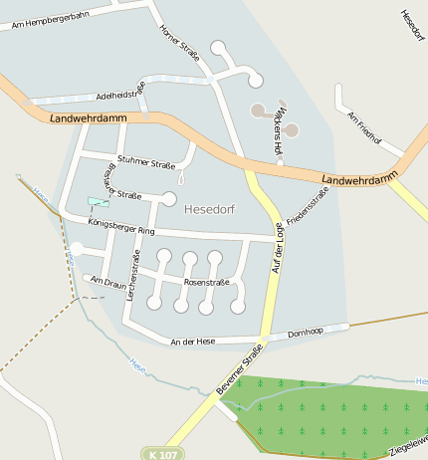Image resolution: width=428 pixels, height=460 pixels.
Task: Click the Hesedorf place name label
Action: pos(209,208)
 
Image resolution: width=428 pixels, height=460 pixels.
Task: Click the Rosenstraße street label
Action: pos(207,282)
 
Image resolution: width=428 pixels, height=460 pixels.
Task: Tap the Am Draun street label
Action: pos(108,284)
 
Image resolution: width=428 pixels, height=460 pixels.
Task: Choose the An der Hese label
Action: pos(193,341)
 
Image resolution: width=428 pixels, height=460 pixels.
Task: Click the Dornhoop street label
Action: pos(306,333)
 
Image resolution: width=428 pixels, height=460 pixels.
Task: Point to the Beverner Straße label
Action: pos(239,368)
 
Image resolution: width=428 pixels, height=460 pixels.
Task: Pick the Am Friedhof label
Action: pos(364,127)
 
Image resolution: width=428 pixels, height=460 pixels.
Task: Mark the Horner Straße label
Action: pos(180,42)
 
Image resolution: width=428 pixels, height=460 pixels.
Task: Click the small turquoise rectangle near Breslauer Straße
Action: pos(98,201)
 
